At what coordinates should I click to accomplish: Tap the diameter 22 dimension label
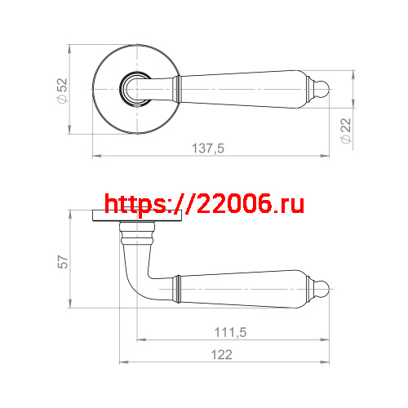(345, 130)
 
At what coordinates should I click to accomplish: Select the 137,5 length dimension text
(209, 148)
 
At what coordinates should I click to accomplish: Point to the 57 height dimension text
(61, 261)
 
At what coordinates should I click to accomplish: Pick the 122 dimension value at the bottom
(221, 354)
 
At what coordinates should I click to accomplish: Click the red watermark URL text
(204, 203)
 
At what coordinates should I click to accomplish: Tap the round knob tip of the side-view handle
(322, 287)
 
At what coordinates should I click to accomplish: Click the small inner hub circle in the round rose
(134, 86)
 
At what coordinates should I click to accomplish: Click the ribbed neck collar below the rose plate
(136, 237)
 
